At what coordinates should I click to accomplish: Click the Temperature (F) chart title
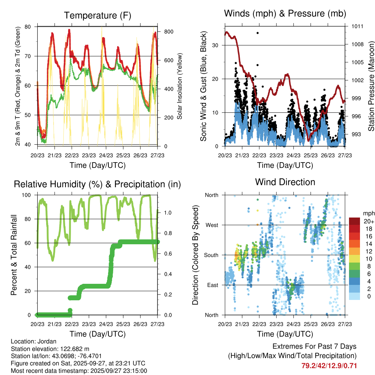(x=97, y=15)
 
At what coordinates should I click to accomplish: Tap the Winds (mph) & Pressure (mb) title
(x=285, y=14)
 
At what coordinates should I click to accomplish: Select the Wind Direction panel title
(x=285, y=182)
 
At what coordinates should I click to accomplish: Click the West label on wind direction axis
(x=211, y=225)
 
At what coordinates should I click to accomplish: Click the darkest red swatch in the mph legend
(x=354, y=221)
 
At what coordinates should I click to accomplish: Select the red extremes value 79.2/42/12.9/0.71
(x=329, y=366)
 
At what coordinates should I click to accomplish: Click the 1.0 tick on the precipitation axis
(x=168, y=212)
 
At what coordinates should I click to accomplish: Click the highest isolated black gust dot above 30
(x=257, y=33)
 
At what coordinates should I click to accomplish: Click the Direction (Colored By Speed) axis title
(x=195, y=255)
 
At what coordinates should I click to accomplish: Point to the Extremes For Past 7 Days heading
(x=314, y=346)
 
